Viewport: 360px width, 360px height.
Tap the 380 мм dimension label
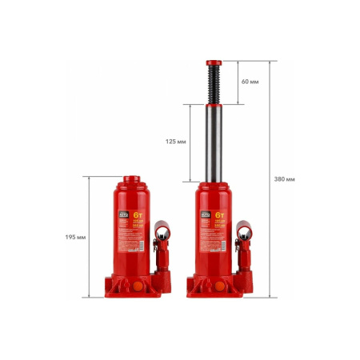pos(285,178)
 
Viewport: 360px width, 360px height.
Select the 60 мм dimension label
pos(250,82)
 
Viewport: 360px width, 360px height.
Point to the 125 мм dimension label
pos(176,142)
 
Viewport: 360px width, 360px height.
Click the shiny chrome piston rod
pos(214,144)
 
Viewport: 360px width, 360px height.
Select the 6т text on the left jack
pos(138,214)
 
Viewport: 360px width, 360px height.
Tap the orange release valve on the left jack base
pos(138,285)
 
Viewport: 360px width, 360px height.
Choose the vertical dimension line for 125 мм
pos(190,142)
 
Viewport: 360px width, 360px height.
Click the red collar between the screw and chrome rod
pos(214,104)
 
